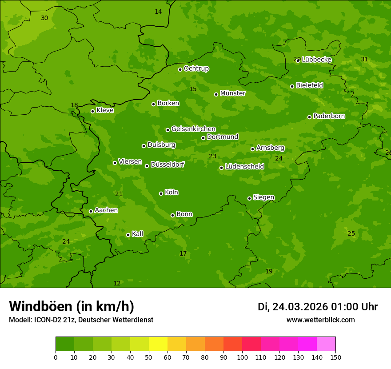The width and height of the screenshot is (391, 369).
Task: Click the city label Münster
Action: point(232,93)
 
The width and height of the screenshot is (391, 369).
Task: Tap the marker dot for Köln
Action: point(161,193)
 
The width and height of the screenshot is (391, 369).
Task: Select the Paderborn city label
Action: point(329,116)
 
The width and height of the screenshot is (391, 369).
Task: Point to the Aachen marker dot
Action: point(91,211)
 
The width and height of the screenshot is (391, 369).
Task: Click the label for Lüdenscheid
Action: point(244,167)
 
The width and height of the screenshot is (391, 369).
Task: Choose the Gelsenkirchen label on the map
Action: point(193,129)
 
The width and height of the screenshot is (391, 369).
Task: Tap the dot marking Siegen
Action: point(249,198)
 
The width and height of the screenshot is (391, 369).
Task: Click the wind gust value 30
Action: point(44,18)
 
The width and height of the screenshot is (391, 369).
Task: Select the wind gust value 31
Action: point(364,60)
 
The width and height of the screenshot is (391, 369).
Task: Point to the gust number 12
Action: point(117,284)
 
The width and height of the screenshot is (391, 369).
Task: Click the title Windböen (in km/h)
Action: point(72,306)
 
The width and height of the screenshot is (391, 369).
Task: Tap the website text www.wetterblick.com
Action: point(320,320)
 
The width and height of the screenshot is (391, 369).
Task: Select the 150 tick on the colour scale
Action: point(335,357)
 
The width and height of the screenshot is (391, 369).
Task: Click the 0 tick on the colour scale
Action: point(56,357)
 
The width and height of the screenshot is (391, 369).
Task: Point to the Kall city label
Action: point(137,234)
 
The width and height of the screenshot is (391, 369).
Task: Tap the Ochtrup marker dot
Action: point(180,69)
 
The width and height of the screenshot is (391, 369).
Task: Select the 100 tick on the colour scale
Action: point(242,357)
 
